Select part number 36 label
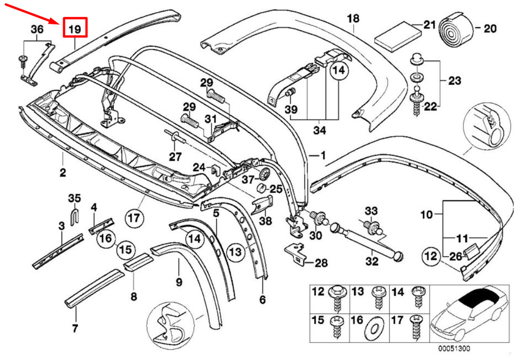[x=37, y=29]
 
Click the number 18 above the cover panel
[x=353, y=18]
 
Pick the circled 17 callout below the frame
[x=134, y=218]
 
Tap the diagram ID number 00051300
[x=454, y=348]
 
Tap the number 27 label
[x=175, y=157]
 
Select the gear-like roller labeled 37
[x=265, y=174]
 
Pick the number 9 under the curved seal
[x=179, y=281]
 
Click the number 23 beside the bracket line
[x=454, y=81]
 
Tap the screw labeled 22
[x=416, y=100]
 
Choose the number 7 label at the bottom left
[x=75, y=328]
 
